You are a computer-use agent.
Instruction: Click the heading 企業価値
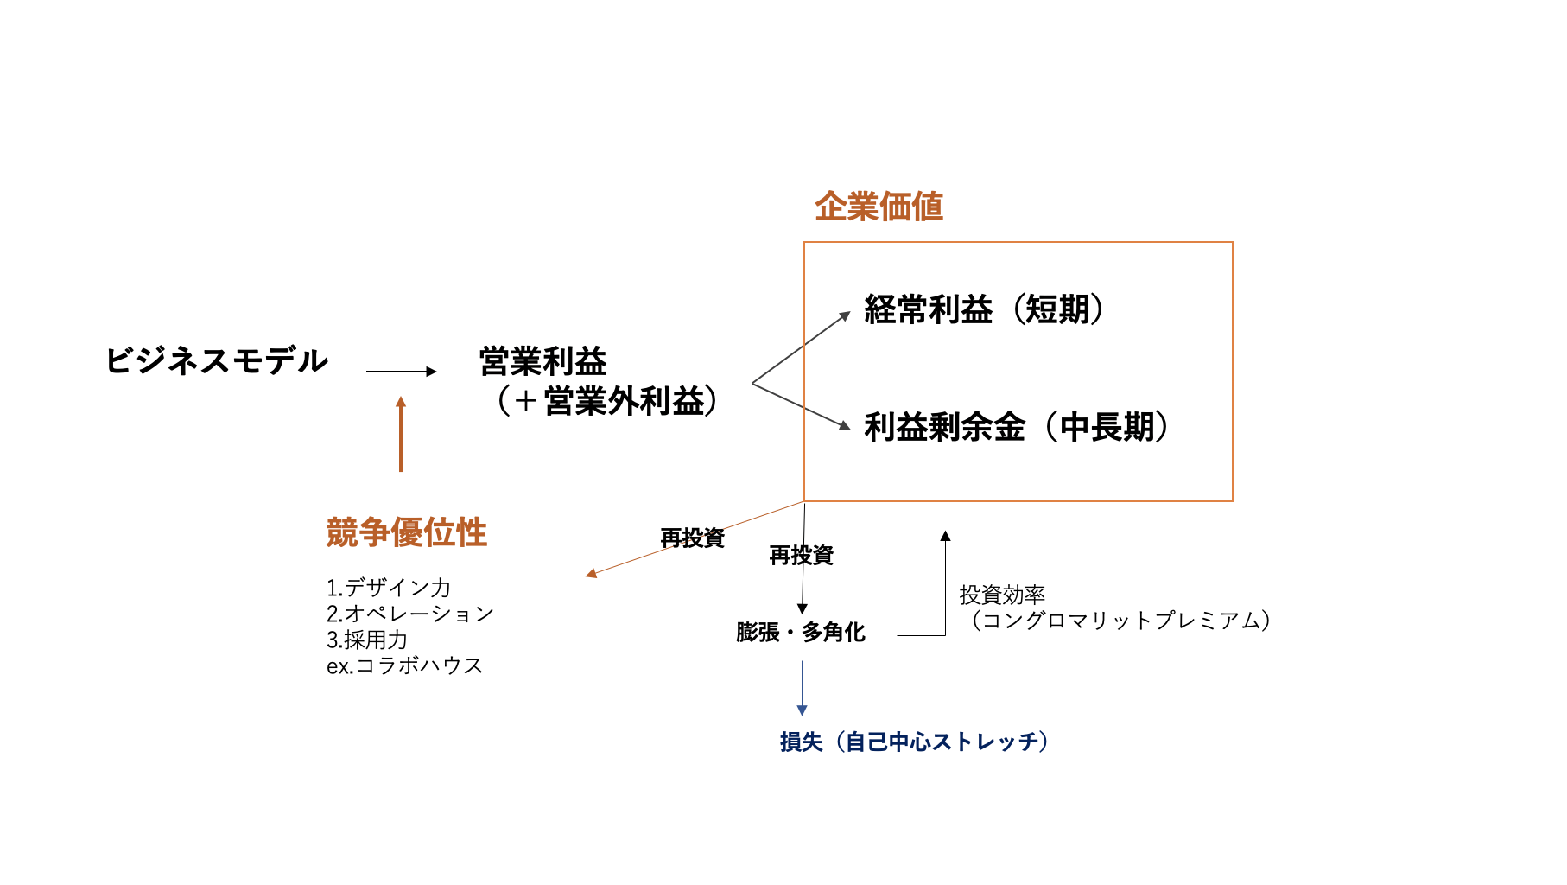tap(879, 207)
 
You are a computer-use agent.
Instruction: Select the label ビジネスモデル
tap(216, 360)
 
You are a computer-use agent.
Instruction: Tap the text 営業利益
tap(542, 361)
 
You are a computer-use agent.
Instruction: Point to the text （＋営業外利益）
tap(607, 401)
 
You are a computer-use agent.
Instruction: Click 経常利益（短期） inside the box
tap(983, 309)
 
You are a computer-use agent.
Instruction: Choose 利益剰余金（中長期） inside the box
tap(1016, 427)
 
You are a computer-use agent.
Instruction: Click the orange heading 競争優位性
tap(406, 532)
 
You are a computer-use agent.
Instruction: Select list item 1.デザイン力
tap(389, 588)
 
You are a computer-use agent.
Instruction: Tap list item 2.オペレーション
tap(410, 614)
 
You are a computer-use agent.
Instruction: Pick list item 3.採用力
tap(367, 640)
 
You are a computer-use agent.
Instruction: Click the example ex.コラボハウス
tap(405, 665)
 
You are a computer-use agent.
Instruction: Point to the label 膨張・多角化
tap(801, 633)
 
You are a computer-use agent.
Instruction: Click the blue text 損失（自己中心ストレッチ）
tap(914, 742)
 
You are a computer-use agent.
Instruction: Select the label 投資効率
tap(1002, 595)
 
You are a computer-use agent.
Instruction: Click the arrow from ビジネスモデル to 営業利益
tap(401, 372)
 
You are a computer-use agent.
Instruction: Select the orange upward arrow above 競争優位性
tap(401, 434)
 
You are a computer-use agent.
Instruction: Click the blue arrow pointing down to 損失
tap(803, 688)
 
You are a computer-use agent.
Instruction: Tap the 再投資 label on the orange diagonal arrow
tap(692, 538)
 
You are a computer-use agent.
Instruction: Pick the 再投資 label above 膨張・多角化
tap(801, 555)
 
